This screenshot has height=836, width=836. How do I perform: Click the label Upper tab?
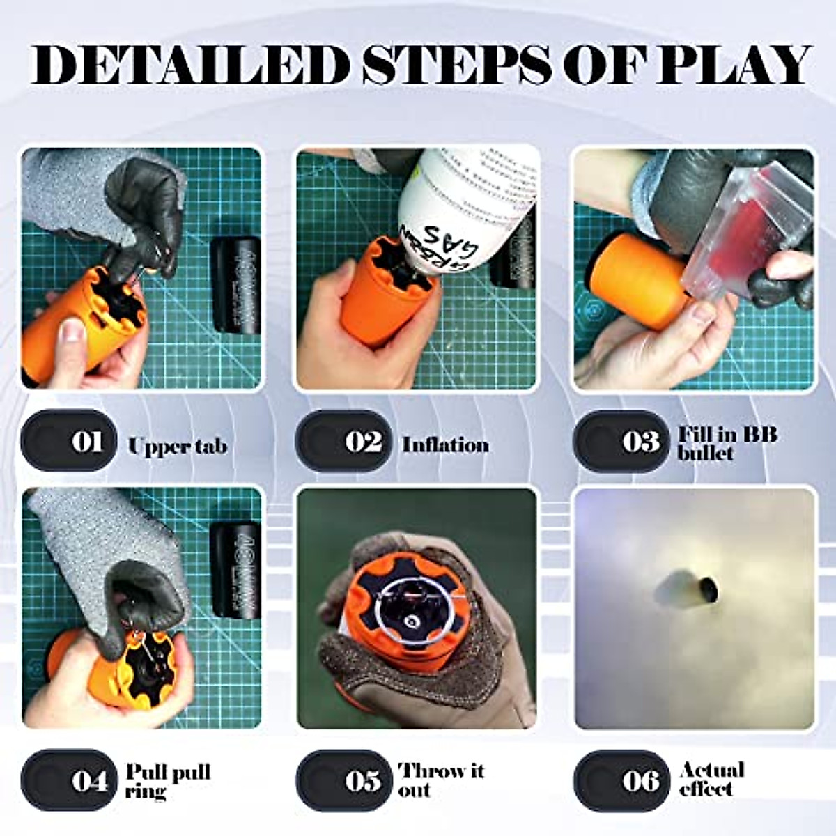[x=177, y=446]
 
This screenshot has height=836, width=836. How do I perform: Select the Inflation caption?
[x=445, y=444]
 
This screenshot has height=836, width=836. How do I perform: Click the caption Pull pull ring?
[x=167, y=781]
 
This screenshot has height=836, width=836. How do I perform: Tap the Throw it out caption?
[x=441, y=780]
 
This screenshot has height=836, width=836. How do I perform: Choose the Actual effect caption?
[x=711, y=779]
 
